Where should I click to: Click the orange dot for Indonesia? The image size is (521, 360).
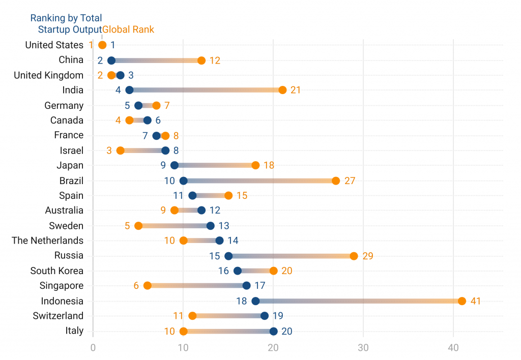[462, 301]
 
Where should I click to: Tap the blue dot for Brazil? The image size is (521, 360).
[184, 181]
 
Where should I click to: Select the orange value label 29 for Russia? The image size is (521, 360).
[368, 256]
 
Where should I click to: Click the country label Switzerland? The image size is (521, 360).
[58, 316]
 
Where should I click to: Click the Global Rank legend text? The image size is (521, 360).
[128, 29]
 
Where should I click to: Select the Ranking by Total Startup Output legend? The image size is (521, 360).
[66, 24]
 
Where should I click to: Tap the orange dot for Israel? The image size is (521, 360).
[121, 151]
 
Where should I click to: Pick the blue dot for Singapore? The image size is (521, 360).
[247, 286]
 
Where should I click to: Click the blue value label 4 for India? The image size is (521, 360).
[118, 91]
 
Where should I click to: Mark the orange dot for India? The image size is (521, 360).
[282, 90]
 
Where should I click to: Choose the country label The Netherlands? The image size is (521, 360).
[47, 241]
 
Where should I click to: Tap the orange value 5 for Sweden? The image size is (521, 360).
[127, 226]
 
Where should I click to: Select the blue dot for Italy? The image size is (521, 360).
[274, 331]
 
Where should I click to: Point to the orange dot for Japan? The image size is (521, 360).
[255, 165]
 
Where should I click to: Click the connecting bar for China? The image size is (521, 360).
[156, 61]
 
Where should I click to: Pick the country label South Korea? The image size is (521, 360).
[56, 271]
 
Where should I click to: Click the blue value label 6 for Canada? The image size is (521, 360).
[158, 121]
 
